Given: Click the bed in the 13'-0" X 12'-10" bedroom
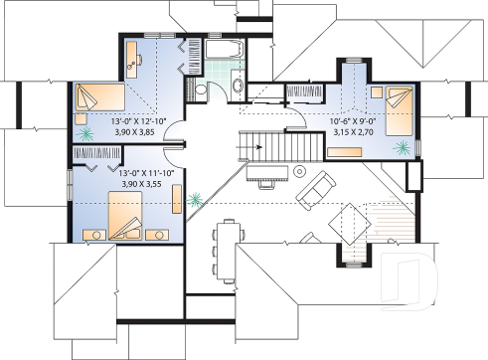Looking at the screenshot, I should [x=97, y=98].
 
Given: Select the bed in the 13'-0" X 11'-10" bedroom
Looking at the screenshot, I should [x=125, y=218].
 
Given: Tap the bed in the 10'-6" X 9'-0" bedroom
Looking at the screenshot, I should [x=399, y=101].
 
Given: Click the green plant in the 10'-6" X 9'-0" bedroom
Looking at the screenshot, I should [x=402, y=147].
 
